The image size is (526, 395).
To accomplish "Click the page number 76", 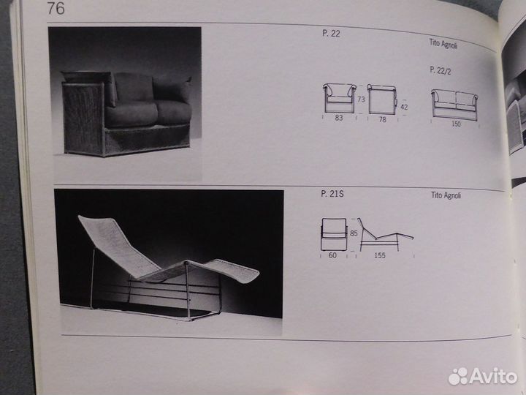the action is (x=56, y=8).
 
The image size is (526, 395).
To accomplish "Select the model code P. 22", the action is (x=331, y=33).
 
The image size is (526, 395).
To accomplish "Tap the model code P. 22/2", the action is (x=440, y=70).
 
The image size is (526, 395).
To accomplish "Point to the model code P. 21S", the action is (x=332, y=194).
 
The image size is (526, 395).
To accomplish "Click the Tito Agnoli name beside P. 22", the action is (x=443, y=44).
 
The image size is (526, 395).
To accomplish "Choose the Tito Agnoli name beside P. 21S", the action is (x=446, y=195).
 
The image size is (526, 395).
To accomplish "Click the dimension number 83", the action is (x=339, y=118).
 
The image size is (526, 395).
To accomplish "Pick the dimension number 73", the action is (x=361, y=99).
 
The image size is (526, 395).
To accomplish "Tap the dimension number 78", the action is (x=382, y=119).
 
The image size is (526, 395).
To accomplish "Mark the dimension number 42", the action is (x=404, y=107).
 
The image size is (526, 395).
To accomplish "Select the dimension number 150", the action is (x=456, y=124).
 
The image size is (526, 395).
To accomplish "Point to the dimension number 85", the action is (x=354, y=233).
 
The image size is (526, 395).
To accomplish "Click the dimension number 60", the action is (x=332, y=255).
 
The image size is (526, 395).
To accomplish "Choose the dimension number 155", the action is (x=380, y=255).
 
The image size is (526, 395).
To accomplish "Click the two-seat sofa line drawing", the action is (x=454, y=105).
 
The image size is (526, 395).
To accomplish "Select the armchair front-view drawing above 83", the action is (x=339, y=98).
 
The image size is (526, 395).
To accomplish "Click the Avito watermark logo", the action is (x=483, y=376).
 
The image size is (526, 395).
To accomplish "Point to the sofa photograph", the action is (x=125, y=104).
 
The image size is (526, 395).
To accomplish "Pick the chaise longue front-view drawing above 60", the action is (x=334, y=235).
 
